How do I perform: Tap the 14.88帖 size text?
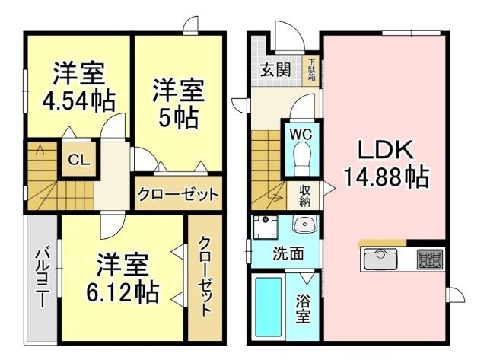pos(385,177)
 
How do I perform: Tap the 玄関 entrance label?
pos(275,71)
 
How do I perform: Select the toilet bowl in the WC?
pos(301,160)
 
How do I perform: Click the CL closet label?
pos(77,160)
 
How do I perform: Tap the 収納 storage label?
pos(304,196)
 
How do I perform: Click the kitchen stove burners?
pos(431,260)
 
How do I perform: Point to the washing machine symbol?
pos(266,226)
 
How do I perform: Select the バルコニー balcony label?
pos(42,276)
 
